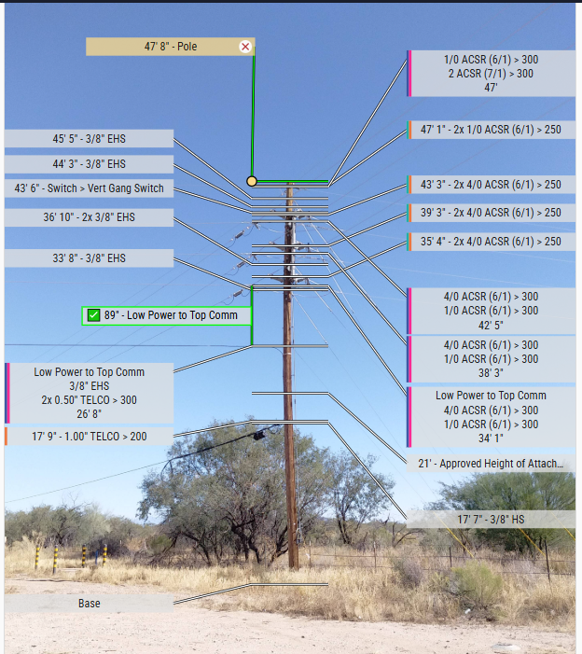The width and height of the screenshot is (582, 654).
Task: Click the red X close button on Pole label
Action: click(245, 46)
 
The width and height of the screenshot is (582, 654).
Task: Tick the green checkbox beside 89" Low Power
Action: click(93, 315)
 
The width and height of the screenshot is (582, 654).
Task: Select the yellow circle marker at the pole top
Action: click(252, 181)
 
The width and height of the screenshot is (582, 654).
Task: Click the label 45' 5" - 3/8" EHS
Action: click(89, 139)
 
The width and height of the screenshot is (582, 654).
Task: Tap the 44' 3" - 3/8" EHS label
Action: click(89, 164)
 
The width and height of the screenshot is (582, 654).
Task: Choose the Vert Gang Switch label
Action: click(89, 188)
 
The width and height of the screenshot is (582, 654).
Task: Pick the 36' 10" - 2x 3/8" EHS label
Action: click(89, 217)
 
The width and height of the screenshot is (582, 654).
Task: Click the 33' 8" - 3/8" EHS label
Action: click(89, 258)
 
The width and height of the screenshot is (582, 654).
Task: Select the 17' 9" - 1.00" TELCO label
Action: click(89, 436)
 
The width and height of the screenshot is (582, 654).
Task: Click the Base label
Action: click(89, 604)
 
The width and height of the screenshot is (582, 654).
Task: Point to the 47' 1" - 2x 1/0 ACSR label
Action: click(491, 130)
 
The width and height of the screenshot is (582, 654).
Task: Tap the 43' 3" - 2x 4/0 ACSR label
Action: click(491, 185)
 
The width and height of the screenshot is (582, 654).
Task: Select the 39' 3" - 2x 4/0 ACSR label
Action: click(491, 213)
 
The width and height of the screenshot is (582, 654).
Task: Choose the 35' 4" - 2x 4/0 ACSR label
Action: click(491, 242)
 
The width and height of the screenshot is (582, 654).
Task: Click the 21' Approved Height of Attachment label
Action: click(491, 464)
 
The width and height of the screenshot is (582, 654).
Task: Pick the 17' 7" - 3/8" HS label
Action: click(491, 520)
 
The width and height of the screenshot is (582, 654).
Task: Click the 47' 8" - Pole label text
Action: click(170, 46)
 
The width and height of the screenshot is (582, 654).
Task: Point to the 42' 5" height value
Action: click(491, 325)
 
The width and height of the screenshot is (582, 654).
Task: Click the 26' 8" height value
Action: click(89, 414)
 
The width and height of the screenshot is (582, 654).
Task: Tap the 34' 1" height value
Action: click(491, 438)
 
